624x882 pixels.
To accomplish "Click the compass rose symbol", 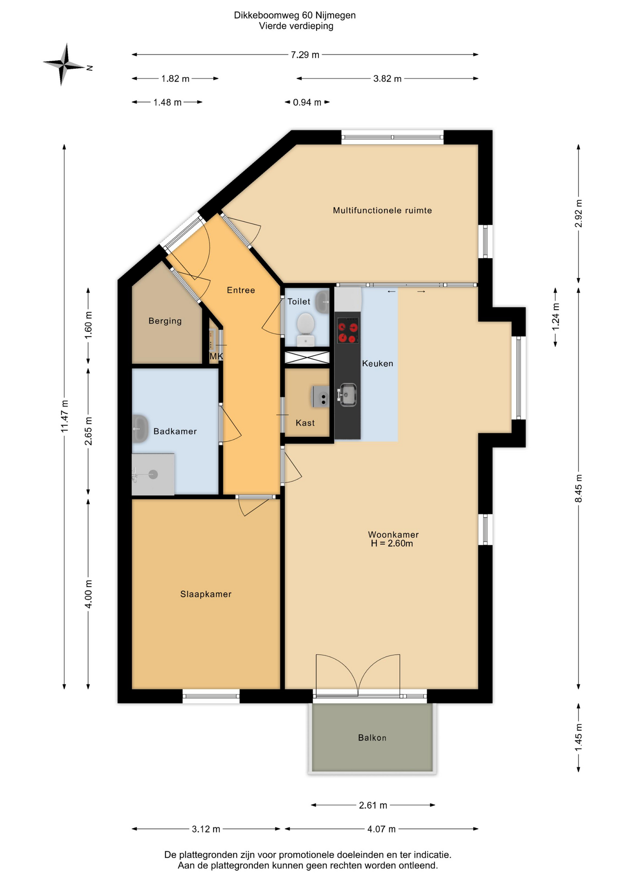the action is click(65, 65).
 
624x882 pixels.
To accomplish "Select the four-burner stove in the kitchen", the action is click(348, 331).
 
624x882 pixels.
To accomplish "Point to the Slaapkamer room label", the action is click(206, 594).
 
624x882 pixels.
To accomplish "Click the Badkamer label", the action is click(175, 431).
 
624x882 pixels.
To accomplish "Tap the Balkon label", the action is click(372, 738).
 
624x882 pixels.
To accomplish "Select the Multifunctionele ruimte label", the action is click(382, 210).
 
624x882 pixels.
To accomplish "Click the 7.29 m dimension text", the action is click(305, 55).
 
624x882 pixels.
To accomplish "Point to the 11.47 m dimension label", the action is click(65, 416).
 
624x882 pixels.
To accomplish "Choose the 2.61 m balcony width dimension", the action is click(373, 805).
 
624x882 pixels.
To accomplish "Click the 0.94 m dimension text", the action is click(307, 102).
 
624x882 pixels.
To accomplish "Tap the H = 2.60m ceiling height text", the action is click(392, 543).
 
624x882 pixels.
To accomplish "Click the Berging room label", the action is click(165, 321).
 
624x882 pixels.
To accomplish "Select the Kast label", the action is click(305, 423).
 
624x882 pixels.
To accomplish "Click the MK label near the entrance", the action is click(216, 356).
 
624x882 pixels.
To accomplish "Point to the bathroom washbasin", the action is click(140, 429).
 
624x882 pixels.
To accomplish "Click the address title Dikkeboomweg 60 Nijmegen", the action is click(295, 15).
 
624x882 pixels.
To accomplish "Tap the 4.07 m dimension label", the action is click(381, 829).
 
